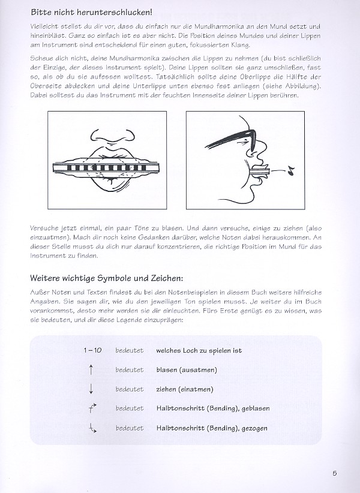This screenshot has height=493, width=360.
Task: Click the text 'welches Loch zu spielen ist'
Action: pos(199,350)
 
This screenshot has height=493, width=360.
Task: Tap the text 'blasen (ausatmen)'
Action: pos(186,370)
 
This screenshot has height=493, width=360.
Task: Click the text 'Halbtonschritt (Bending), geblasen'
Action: pos(212,408)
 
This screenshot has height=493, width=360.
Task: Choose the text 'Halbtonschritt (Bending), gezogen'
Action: pos(211,428)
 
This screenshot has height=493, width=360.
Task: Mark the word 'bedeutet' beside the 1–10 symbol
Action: pos(130,350)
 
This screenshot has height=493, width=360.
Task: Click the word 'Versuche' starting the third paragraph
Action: pos(43,229)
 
